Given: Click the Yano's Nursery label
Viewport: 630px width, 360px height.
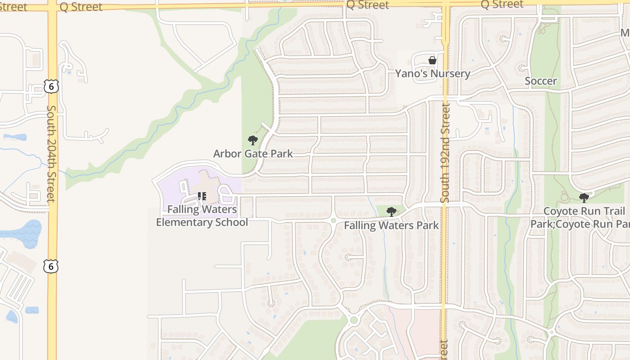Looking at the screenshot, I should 432,73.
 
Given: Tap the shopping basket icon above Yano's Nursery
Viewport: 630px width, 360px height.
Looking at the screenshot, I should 432,60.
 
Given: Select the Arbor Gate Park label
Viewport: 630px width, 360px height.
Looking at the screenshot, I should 253,153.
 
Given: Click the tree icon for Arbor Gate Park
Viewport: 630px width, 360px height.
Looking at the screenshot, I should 253,140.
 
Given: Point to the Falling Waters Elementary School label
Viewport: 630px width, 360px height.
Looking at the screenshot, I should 202,216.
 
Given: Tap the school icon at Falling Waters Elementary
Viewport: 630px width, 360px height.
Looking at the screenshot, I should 202,196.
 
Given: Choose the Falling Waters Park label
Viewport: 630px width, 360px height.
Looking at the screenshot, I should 391,225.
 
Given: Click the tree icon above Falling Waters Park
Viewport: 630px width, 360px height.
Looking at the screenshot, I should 391,211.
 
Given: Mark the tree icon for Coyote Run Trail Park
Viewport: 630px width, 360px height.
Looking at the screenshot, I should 584,198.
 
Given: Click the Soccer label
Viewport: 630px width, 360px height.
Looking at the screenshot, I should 541,81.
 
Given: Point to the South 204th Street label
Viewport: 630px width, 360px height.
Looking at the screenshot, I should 52,153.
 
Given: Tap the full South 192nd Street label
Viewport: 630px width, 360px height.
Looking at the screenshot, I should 445,153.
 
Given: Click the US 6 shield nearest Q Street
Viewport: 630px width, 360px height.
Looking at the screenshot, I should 51,86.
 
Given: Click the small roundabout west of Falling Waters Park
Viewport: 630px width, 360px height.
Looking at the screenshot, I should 333,220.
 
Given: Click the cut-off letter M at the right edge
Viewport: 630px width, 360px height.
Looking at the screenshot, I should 625,33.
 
